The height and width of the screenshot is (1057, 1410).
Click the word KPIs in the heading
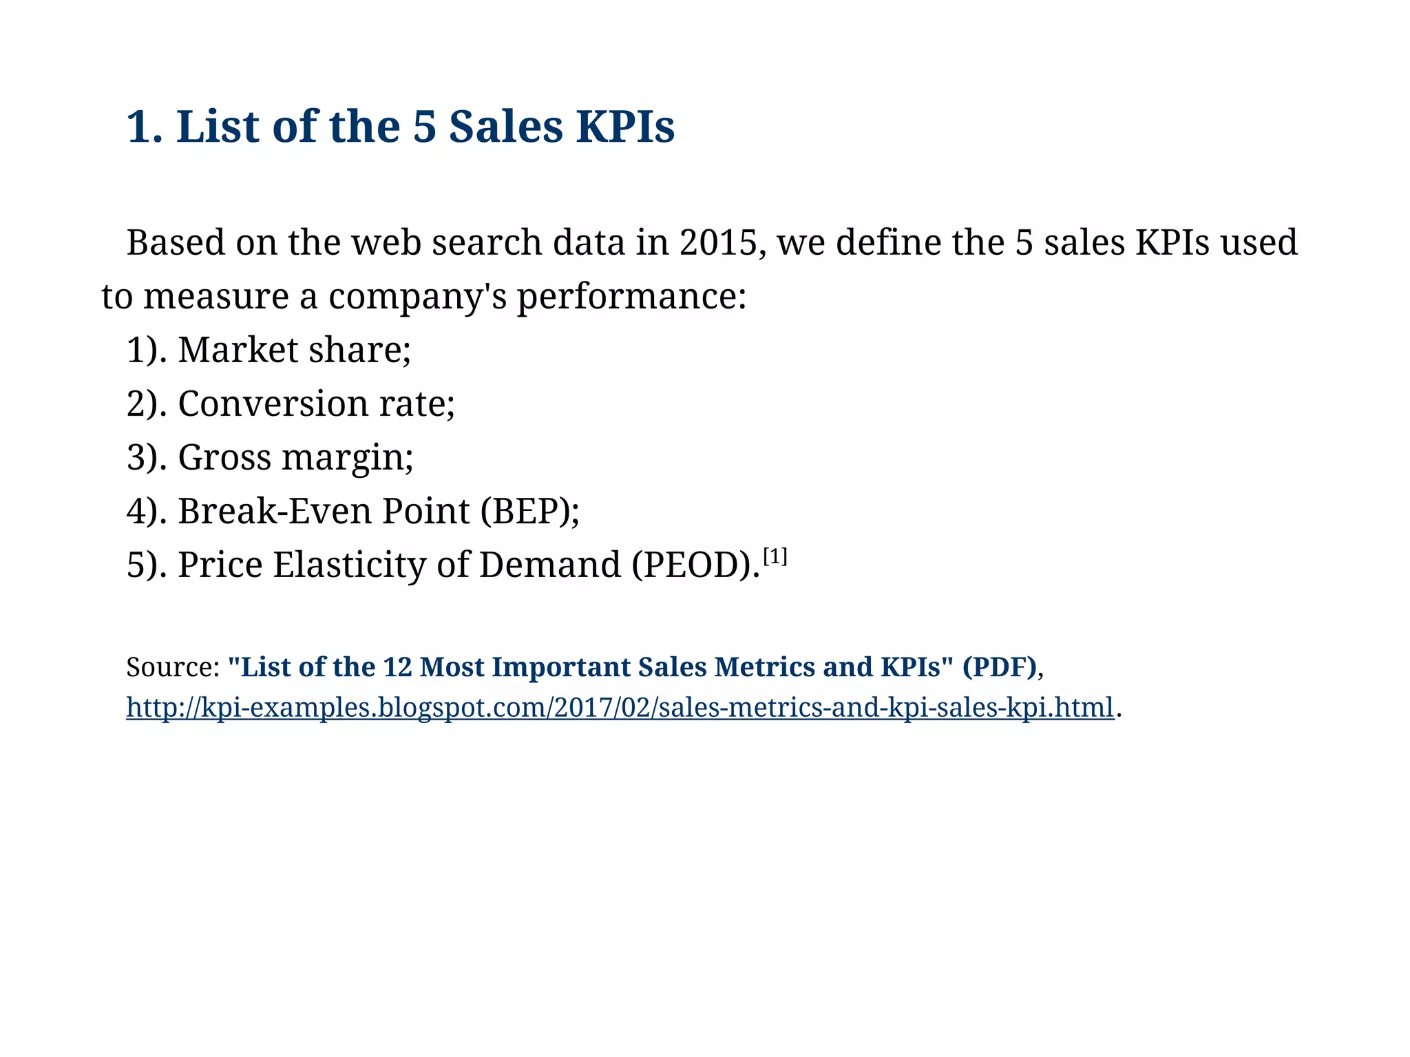(x=625, y=127)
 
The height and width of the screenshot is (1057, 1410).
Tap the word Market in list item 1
(x=238, y=350)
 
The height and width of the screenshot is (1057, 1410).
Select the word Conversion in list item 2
(x=273, y=404)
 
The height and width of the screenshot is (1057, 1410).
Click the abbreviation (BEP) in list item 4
(x=529, y=511)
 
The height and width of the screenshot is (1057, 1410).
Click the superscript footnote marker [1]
(x=775, y=556)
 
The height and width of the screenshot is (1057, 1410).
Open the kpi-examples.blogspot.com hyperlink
(x=620, y=707)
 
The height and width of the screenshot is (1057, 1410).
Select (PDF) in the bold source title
(x=999, y=667)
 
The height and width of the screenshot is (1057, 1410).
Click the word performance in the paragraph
(x=631, y=297)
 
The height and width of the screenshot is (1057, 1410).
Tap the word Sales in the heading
(x=505, y=127)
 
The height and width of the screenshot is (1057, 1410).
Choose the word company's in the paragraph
(x=417, y=297)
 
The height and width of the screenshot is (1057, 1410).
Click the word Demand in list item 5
(x=549, y=565)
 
